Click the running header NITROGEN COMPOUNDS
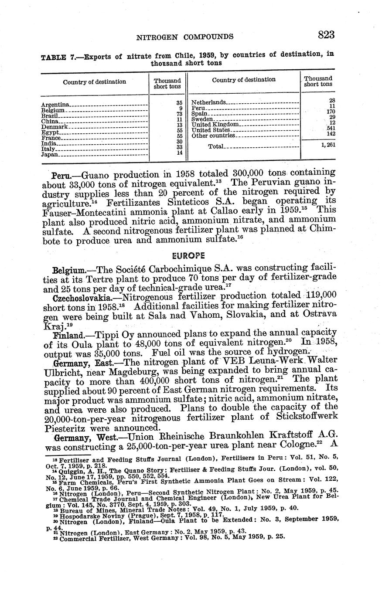[185, 37]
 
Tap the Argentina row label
[55, 105]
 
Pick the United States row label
[211, 130]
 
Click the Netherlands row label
[209, 102]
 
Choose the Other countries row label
[213, 136]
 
